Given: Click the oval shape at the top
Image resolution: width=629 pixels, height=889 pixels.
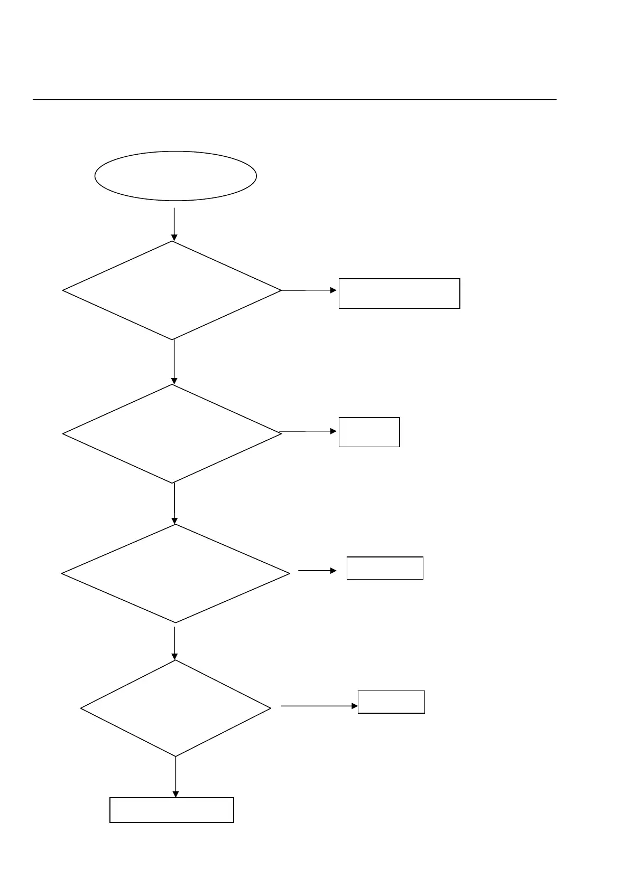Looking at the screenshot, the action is (175, 176).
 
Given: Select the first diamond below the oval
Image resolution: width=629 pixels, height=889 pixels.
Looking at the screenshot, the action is (172, 290).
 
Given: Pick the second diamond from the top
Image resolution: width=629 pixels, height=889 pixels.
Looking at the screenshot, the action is (172, 433).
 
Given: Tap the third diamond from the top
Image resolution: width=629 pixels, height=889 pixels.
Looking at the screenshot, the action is (175, 573).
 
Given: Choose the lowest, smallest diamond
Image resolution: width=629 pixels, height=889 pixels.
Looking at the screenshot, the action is (175, 708).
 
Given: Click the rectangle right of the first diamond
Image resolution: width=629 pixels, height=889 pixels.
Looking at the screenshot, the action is (399, 293).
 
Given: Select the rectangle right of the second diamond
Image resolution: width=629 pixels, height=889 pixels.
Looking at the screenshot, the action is (369, 432).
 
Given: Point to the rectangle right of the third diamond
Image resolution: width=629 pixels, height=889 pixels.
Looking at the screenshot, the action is (385, 568).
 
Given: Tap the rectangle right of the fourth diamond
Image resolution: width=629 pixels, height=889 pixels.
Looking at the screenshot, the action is (391, 702).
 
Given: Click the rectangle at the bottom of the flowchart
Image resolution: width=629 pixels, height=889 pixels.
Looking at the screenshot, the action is (171, 810).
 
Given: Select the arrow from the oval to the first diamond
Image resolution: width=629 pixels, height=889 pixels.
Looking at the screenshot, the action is (174, 224).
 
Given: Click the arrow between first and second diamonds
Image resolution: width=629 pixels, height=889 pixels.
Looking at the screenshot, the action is (174, 362).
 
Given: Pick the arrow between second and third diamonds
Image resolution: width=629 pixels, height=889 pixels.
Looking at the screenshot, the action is (174, 503).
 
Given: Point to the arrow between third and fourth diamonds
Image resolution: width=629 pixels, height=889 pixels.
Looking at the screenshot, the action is (175, 642).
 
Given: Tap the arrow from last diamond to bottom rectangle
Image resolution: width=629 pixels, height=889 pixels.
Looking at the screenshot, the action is (175, 777).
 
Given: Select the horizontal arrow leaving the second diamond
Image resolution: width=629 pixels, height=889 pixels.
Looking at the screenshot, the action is (309, 431).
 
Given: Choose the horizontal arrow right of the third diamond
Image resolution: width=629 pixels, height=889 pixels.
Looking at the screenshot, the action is (317, 571).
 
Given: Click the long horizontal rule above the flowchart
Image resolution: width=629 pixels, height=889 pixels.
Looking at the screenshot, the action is (294, 99).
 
